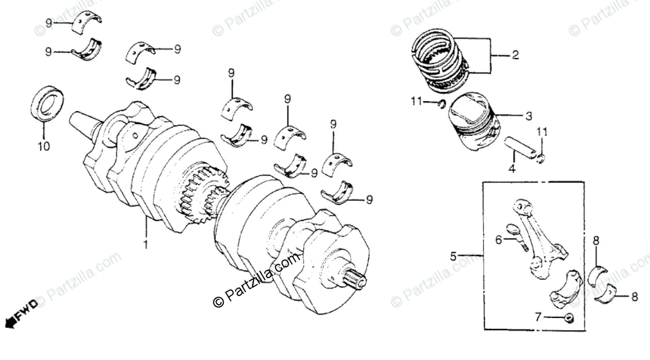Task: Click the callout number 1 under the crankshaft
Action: (x=145, y=244)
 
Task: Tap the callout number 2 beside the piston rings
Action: (x=515, y=55)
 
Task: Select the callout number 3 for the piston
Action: (x=529, y=116)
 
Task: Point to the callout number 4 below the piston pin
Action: (x=512, y=168)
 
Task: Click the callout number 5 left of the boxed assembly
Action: (x=454, y=254)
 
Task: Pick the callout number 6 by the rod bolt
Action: (x=498, y=239)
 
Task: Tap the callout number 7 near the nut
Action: (x=538, y=317)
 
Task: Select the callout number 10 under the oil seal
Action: (x=44, y=146)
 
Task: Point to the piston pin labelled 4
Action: (x=523, y=148)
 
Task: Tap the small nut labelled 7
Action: (x=569, y=318)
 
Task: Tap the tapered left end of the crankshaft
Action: (x=81, y=122)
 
